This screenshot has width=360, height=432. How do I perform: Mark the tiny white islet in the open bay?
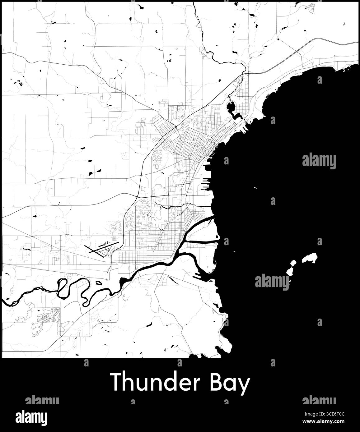255,188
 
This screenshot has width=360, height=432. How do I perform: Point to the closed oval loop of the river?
62,284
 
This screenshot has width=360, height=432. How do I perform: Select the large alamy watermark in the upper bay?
319,161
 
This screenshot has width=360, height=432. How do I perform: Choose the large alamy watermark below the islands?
272,282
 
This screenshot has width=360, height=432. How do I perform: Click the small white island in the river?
99,283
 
